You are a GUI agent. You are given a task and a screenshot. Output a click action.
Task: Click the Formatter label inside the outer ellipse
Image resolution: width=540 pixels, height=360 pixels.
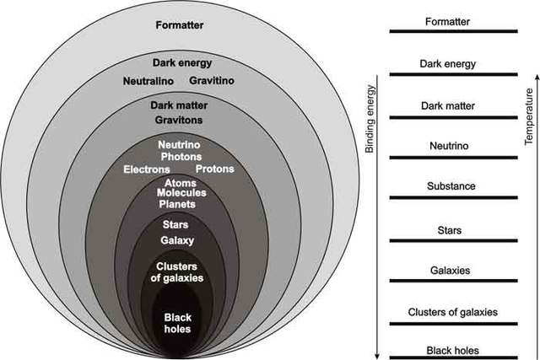[180, 24]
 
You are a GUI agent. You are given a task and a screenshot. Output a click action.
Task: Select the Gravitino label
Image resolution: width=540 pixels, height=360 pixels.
[212, 80]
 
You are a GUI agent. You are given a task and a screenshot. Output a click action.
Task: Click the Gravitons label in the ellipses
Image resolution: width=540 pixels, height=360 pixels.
[178, 120]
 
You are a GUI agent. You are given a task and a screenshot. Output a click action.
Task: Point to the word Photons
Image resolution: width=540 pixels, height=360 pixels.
[180, 157]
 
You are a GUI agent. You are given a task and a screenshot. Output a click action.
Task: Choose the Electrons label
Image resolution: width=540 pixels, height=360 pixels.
[146, 169]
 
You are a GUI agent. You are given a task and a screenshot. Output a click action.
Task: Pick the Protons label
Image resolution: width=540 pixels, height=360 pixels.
[214, 169]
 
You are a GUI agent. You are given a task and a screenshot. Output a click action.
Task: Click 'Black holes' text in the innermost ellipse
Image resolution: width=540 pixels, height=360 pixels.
[178, 323]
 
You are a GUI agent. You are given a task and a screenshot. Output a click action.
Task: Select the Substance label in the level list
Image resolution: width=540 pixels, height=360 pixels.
[452, 185]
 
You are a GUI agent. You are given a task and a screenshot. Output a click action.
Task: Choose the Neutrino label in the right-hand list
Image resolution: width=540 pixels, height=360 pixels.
[452, 145]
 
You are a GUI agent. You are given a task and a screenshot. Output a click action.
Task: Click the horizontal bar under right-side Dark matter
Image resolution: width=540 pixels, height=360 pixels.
[452, 117]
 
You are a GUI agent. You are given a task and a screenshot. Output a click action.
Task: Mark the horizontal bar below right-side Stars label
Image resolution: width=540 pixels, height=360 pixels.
[452, 241]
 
